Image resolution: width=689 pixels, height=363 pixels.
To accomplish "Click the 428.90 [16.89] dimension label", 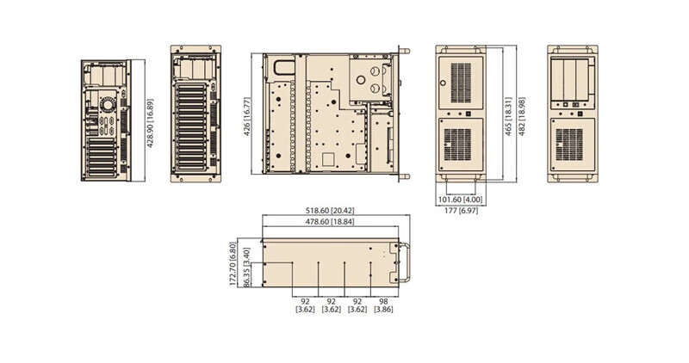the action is coord(150,123).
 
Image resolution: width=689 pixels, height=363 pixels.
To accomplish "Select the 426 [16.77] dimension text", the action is coord(247,116).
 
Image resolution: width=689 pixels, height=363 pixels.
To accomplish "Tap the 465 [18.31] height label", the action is coord(508,116).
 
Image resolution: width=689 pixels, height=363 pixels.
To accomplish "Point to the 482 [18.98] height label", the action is coord(522,116).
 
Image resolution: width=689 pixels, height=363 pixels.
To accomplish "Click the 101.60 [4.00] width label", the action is coord(461,200).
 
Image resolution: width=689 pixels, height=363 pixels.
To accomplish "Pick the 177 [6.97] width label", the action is coord(461,211).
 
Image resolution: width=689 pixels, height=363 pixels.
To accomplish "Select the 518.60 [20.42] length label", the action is coord(330,211).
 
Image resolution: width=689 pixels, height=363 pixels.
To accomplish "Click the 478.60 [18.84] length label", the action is coord(330,222).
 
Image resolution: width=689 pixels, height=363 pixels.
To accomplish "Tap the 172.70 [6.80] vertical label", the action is coord(233,263).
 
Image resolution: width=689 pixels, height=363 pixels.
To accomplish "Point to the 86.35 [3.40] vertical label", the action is coord(246,268).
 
